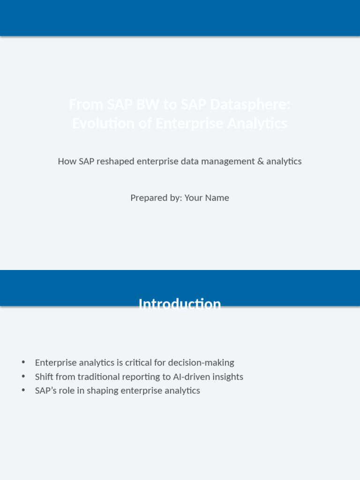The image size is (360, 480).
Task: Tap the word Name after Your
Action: pos(217,198)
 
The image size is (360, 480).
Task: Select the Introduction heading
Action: pos(180,304)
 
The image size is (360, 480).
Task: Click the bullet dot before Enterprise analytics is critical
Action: pos(23,362)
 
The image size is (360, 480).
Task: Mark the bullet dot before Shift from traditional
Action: pos(23,376)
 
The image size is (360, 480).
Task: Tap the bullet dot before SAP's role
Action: pos(23,390)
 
